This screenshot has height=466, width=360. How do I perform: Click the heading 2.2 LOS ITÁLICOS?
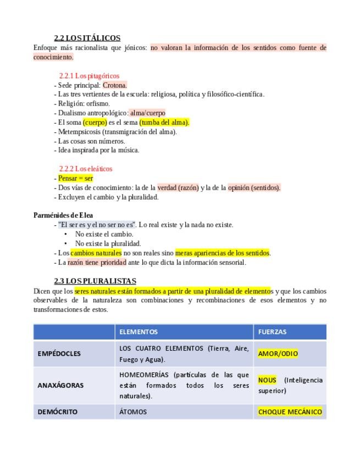point(87,38)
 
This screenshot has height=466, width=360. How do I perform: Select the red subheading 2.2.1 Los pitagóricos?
point(89,76)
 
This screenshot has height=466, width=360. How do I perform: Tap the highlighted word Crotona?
point(115,85)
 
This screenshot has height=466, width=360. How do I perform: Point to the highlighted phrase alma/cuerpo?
point(147,113)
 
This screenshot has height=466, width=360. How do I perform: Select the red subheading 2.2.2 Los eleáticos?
point(86,169)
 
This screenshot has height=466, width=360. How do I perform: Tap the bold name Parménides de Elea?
point(63,215)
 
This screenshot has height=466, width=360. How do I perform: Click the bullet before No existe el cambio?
point(66,234)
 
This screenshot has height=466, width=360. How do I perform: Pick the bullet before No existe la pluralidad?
point(66,243)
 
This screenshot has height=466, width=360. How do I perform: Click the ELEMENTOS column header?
point(139,332)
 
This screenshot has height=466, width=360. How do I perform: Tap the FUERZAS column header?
point(272,332)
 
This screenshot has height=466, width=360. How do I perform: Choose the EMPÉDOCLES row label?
point(59,354)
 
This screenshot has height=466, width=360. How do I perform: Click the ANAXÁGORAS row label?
point(60,385)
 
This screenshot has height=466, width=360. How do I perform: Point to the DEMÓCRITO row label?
point(58,412)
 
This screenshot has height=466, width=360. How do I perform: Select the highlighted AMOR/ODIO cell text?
point(278,354)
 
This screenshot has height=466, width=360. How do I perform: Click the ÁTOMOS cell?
point(133,412)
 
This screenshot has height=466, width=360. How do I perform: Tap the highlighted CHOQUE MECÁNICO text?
point(290,412)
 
